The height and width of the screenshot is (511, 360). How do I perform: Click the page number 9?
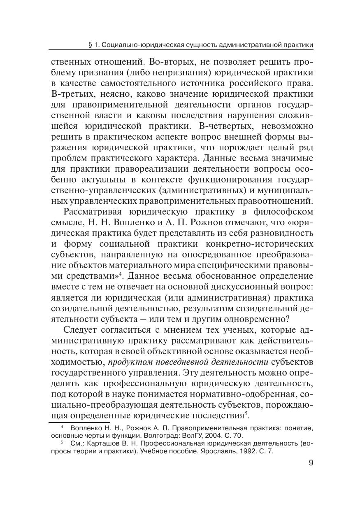click(x=311, y=463)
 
